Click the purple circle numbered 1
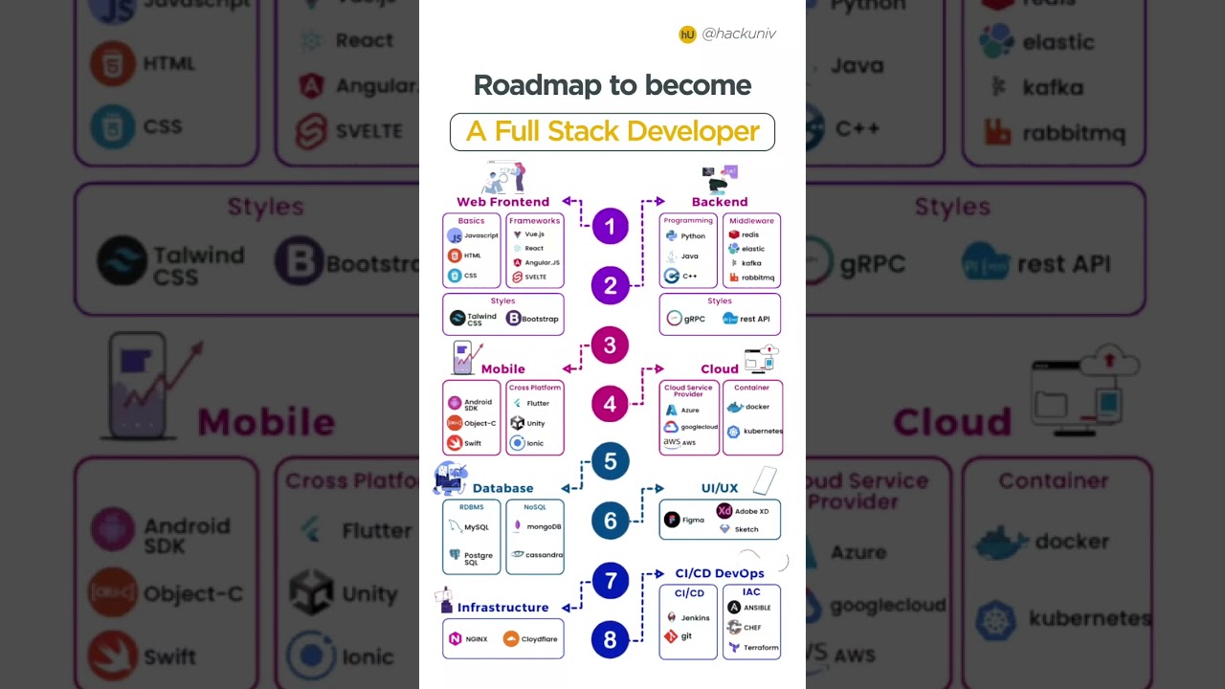point(610,227)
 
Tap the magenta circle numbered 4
point(610,404)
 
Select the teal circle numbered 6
point(610,521)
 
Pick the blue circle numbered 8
point(610,639)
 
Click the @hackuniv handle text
point(739,33)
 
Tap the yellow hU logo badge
point(687,34)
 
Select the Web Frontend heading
point(502,202)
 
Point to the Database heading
point(502,488)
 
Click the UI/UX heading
point(720,488)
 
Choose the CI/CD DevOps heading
point(720,573)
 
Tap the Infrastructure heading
point(502,608)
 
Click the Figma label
point(694,520)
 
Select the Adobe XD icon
point(724,511)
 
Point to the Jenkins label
point(695,618)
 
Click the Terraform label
point(760,648)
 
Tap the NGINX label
point(477,639)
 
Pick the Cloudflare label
point(540,639)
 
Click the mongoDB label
point(545,526)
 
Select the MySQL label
point(477,527)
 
